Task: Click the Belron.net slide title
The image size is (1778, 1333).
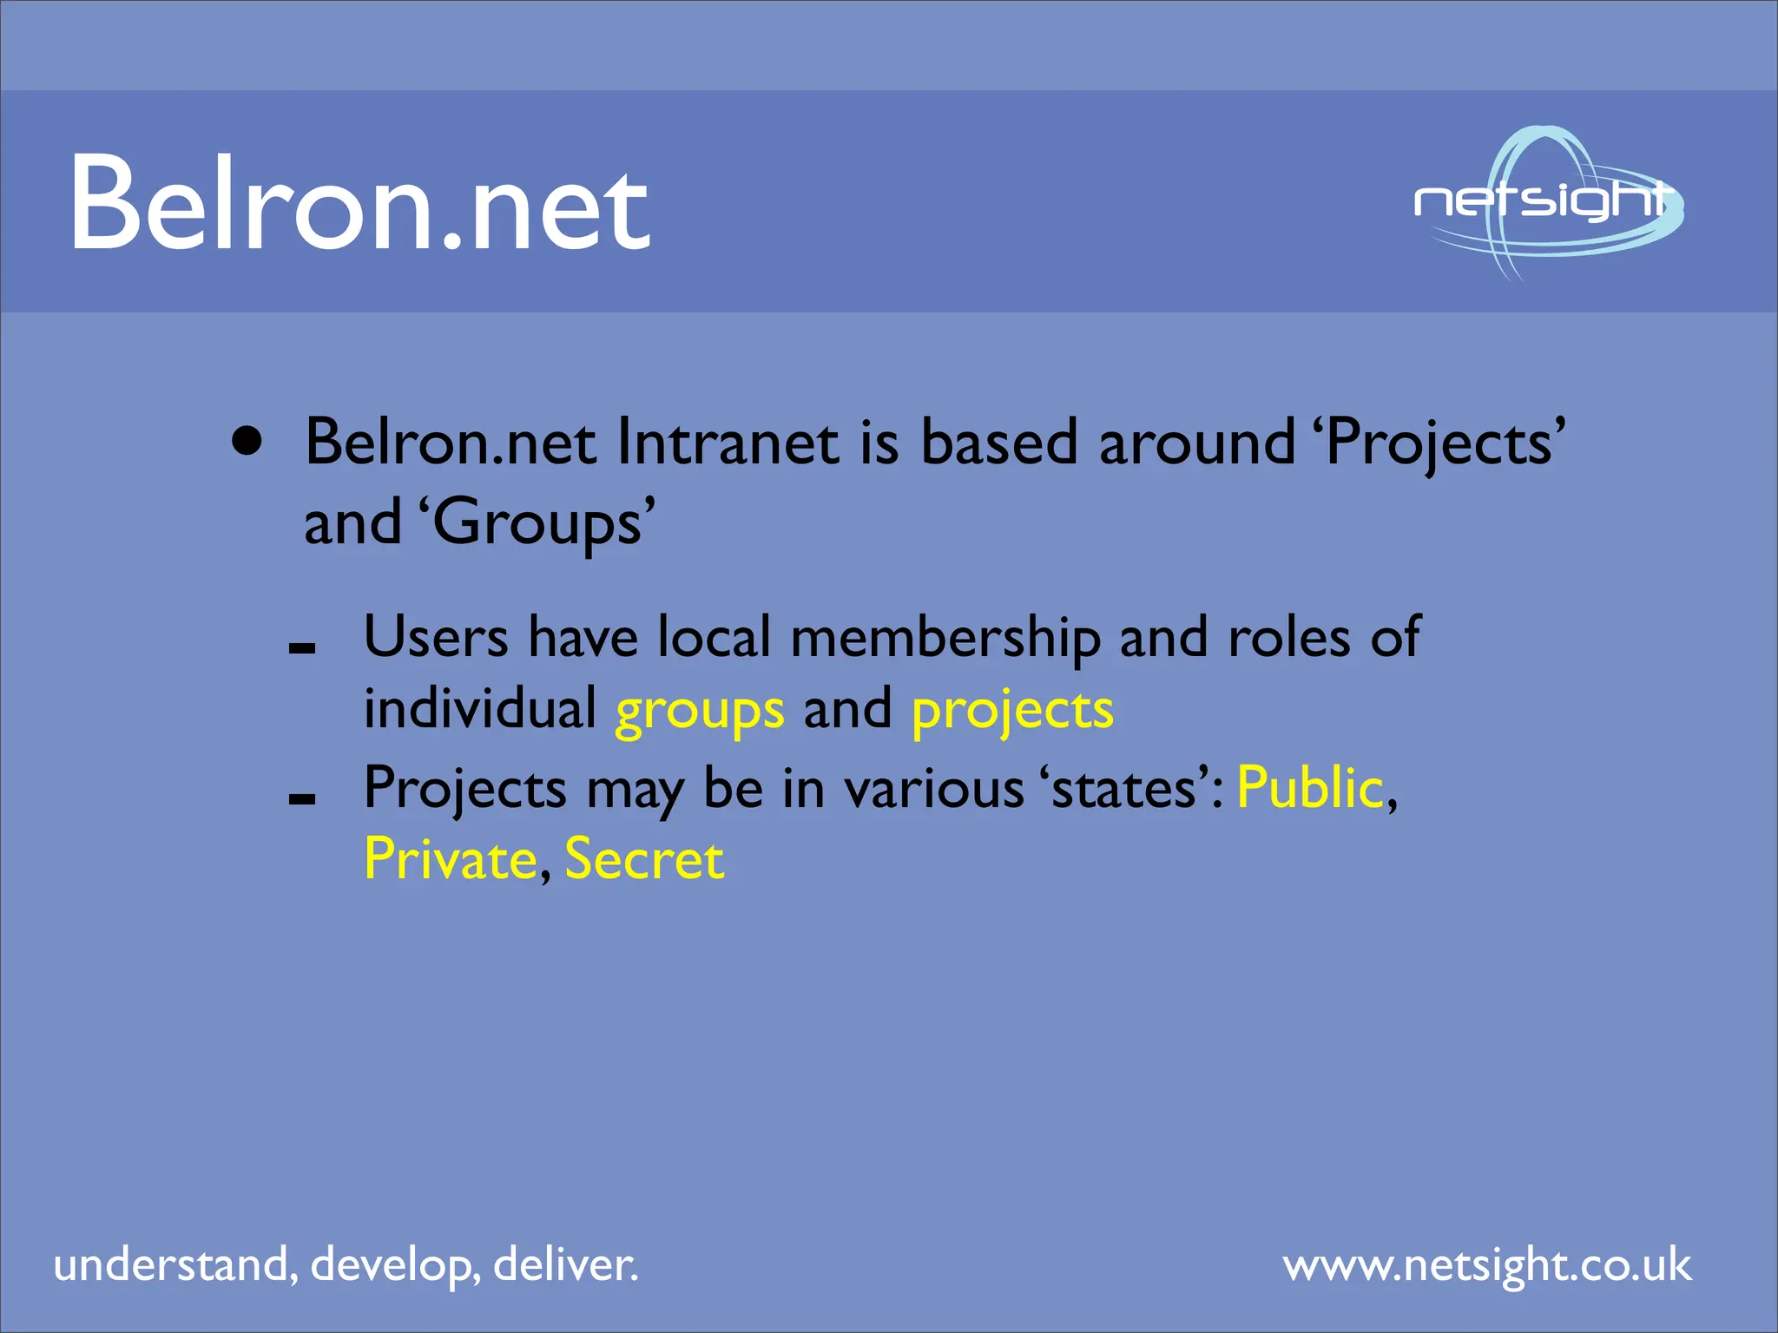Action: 359,203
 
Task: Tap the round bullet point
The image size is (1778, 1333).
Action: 247,441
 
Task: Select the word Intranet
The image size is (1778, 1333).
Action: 728,443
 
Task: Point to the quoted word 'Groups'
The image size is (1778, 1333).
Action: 537,524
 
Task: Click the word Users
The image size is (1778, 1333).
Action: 436,637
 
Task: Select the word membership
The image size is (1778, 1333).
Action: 945,639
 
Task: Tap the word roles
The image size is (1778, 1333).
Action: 1288,639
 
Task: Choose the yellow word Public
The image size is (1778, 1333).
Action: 1310,788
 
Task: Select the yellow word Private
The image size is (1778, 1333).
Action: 451,859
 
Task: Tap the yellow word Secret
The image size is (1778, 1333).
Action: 644,859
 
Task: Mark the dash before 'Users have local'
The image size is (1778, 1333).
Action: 301,647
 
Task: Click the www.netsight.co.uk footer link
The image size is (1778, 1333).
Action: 1487,1265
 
